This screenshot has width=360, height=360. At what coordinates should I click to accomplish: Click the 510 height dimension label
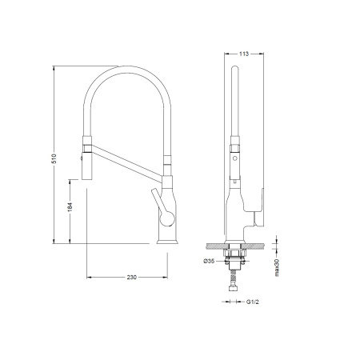(54, 158)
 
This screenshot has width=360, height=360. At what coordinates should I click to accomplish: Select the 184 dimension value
(70, 207)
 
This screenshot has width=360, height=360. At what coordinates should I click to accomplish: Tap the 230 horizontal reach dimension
(132, 278)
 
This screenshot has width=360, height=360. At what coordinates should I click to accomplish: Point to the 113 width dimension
(244, 54)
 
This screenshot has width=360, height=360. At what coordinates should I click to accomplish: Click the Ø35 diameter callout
(209, 261)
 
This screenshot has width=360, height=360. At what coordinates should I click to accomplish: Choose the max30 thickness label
(277, 267)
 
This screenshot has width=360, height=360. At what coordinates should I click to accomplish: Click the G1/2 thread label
(252, 302)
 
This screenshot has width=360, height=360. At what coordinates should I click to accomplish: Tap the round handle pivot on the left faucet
(167, 218)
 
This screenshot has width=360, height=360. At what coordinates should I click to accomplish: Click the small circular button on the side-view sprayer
(234, 158)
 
